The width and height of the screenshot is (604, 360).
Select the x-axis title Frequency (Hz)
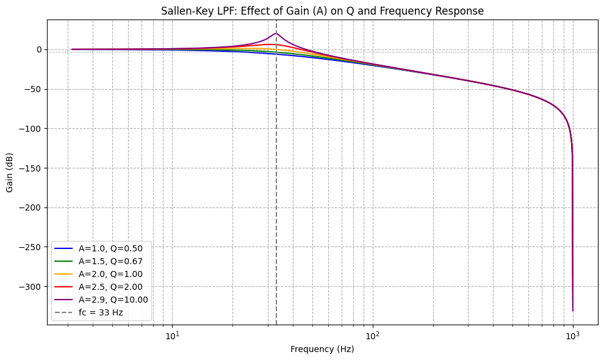[x=322, y=349]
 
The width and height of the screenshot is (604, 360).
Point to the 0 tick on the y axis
[x=38, y=49]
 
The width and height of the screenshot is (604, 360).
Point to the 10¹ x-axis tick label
[x=173, y=335]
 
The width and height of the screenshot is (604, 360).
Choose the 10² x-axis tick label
[x=372, y=335]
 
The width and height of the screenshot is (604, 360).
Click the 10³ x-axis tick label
[x=572, y=335]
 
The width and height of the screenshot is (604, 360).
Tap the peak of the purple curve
[x=276, y=34]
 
